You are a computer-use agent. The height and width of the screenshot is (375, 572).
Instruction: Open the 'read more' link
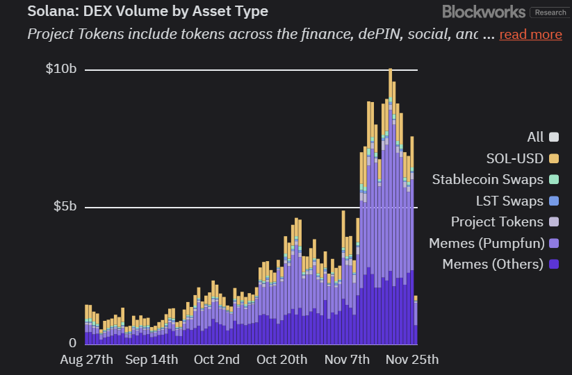pos(530,34)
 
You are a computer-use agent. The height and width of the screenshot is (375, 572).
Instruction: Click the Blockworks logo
pos(484,12)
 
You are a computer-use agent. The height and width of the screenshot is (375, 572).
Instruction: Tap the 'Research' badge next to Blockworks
pos(550,12)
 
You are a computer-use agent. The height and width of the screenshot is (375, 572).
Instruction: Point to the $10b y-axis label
pos(61,69)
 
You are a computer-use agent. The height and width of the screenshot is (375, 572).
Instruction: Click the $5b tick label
pos(65,207)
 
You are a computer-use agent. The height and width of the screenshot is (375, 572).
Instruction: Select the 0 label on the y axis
pos(72,343)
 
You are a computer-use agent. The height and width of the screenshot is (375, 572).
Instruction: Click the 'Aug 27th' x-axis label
pos(87,359)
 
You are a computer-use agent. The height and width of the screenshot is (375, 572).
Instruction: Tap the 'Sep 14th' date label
pos(152,359)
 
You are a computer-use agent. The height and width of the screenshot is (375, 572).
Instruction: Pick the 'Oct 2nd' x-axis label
pos(217,359)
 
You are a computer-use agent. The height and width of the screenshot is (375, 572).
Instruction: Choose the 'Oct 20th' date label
pos(281,359)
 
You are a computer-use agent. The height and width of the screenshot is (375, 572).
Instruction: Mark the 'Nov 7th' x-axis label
pos(347,359)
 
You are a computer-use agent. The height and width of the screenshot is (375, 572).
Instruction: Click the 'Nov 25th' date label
pos(412,359)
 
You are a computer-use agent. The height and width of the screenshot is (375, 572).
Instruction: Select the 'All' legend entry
pos(543,137)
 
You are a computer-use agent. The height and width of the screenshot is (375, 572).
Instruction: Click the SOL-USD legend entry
pos(523,158)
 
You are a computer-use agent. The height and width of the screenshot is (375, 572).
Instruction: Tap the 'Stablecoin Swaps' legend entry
pos(495,179)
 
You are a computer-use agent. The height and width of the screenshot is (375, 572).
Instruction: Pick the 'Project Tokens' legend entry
pos(505,222)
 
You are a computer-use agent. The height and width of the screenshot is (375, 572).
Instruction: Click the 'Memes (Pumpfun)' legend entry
pos(493,243)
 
